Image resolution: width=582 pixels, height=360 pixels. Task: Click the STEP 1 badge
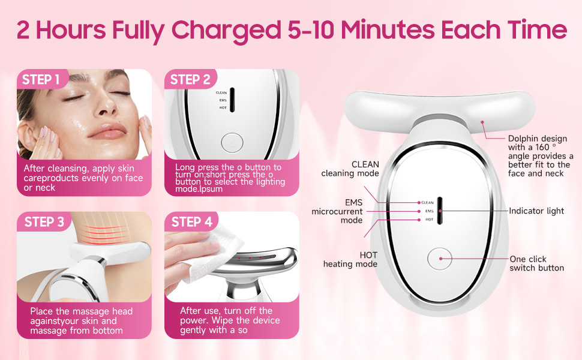click(x=41, y=79)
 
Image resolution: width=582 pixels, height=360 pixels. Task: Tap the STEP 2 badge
click(x=190, y=79)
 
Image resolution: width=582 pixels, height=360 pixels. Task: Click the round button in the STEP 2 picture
click(x=232, y=143)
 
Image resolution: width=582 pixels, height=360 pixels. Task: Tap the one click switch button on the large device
click(x=440, y=259)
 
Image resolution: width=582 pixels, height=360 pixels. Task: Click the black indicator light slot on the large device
click(x=440, y=211)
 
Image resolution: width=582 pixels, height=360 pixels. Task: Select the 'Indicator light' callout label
click(x=536, y=211)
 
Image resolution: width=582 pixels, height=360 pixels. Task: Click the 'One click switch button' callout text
click(x=536, y=263)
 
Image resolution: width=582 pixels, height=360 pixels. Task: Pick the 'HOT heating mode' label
click(x=350, y=259)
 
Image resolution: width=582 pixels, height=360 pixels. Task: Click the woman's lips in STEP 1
click(x=108, y=130)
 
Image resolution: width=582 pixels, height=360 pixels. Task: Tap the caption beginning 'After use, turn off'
click(x=230, y=320)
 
